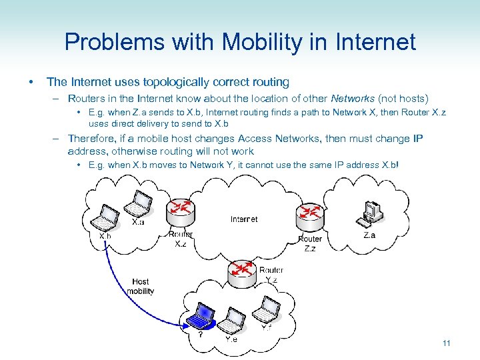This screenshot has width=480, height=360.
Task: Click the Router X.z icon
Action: [181, 213]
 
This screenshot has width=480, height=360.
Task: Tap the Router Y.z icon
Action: [242, 273]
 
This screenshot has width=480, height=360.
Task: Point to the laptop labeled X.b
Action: [107, 216]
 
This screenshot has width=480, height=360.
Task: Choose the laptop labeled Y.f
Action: [268, 309]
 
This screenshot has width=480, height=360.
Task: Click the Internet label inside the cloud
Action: [244, 219]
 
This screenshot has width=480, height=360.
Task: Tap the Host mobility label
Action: [140, 286]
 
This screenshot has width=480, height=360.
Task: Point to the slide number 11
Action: [447, 343]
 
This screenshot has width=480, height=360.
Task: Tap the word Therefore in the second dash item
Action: [93, 139]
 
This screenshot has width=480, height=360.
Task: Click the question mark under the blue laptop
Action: [201, 335]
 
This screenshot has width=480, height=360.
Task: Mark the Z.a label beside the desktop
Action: [369, 235]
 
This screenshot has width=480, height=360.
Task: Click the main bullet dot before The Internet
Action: [31, 82]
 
